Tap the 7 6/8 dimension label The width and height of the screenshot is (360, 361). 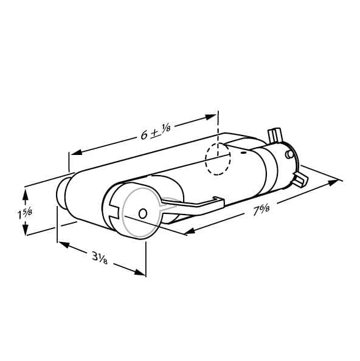pyautogui.click(x=261, y=210)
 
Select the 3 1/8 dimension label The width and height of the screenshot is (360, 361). pyautogui.click(x=100, y=258)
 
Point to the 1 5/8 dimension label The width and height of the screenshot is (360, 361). pyautogui.click(x=25, y=213)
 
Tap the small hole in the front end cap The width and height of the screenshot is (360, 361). pyautogui.click(x=143, y=213)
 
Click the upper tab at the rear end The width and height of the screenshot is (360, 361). pyautogui.click(x=274, y=136)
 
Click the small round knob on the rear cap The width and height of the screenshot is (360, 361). pyautogui.click(x=289, y=154)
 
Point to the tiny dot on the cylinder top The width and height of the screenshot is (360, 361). pyautogui.click(x=243, y=152)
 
